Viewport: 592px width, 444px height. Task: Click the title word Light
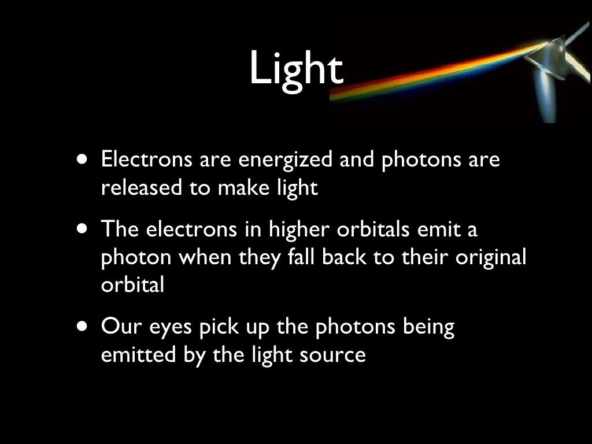click(296, 69)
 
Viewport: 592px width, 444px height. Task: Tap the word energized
click(285, 160)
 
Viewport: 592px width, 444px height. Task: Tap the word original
click(491, 258)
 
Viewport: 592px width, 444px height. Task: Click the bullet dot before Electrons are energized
click(84, 160)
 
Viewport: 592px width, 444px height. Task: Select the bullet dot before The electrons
click(84, 230)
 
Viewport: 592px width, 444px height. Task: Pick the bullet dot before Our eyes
click(84, 328)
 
